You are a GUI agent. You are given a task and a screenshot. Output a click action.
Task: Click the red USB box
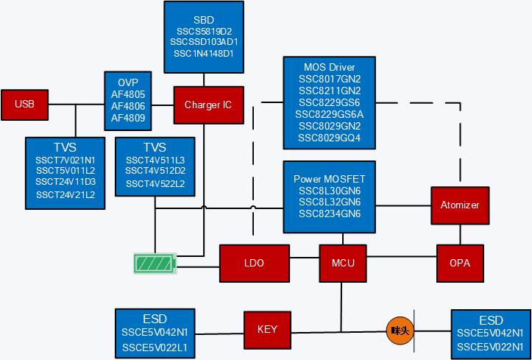[x=24, y=105]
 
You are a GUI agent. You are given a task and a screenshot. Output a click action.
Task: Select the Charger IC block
[x=208, y=105]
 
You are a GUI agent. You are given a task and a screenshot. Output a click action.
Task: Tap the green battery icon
[x=155, y=264]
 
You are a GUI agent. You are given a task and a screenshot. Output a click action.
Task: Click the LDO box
[x=253, y=264]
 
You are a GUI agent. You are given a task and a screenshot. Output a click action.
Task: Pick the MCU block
[x=343, y=264]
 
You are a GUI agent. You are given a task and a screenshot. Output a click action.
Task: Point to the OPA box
[x=461, y=264]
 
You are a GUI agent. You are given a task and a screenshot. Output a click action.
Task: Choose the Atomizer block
[x=461, y=205]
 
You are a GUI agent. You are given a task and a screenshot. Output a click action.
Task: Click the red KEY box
[x=267, y=329]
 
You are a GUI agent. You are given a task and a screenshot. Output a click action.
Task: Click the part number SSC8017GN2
[x=330, y=79]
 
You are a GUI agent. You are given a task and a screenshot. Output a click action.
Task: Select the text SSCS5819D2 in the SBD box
[x=204, y=32]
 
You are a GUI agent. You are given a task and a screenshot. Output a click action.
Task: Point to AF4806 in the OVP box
[x=128, y=106]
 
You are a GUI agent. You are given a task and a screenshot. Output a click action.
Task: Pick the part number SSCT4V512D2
[x=155, y=171]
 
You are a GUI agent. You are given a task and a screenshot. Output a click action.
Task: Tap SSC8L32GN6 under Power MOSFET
[x=330, y=202]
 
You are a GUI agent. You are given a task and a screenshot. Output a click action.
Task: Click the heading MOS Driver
[x=330, y=68]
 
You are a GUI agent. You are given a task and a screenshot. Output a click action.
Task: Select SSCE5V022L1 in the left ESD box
[x=155, y=347]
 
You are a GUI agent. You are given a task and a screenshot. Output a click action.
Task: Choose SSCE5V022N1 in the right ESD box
[x=490, y=347]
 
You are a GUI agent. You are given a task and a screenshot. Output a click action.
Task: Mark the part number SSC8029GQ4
[x=330, y=138]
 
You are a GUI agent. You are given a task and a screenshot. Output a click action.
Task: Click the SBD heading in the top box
[x=204, y=20]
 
